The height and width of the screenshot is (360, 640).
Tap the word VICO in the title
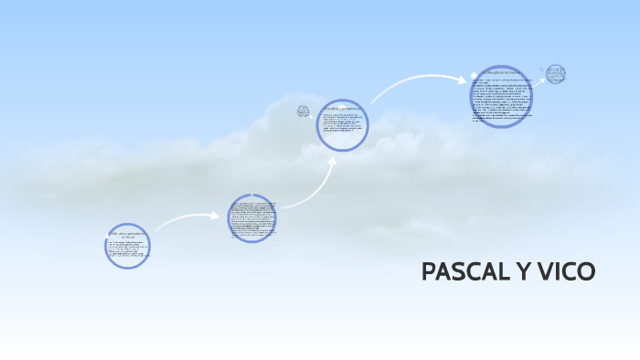click(564, 271)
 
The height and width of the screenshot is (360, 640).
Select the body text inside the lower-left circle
click(126, 251)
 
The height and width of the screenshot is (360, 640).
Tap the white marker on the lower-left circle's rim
click(108, 236)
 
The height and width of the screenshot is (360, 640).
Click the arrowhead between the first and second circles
click(219, 217)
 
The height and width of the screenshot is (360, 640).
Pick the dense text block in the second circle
click(251, 219)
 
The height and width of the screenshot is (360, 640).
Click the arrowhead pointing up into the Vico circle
click(333, 160)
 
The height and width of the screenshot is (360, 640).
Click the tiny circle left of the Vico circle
click(304, 112)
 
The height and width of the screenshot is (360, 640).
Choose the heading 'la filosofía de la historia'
click(503, 71)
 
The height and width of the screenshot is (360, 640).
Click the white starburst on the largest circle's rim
click(474, 76)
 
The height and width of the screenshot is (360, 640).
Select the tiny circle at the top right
click(555, 73)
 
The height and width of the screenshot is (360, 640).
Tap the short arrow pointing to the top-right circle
click(542, 69)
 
